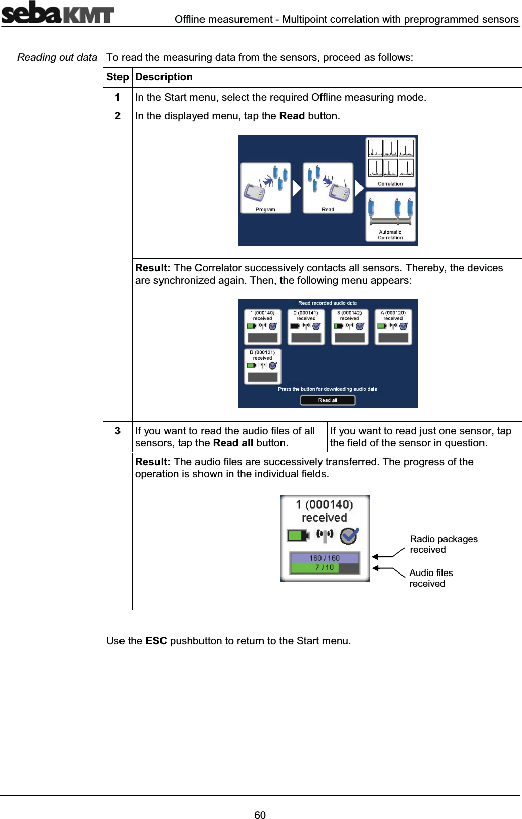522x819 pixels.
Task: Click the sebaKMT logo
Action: (x=57, y=13)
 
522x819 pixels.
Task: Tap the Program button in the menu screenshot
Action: (x=265, y=188)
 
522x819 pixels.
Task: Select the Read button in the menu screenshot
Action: (x=328, y=188)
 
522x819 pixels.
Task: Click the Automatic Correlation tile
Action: (x=390, y=217)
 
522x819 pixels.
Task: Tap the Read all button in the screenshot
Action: (x=328, y=400)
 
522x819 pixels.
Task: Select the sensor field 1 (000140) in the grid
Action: (x=262, y=327)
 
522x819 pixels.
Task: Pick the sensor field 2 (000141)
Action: (x=306, y=327)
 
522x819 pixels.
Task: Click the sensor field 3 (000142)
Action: (x=349, y=327)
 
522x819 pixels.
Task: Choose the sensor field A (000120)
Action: (x=393, y=327)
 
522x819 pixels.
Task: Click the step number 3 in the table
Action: (x=117, y=431)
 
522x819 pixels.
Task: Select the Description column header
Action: (x=164, y=77)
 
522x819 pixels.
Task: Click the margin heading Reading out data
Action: (x=57, y=57)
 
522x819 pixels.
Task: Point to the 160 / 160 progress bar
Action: (x=325, y=558)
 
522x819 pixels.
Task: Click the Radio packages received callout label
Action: (x=444, y=544)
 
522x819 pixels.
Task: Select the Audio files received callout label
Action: (x=431, y=578)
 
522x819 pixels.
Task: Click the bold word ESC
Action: (x=156, y=641)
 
